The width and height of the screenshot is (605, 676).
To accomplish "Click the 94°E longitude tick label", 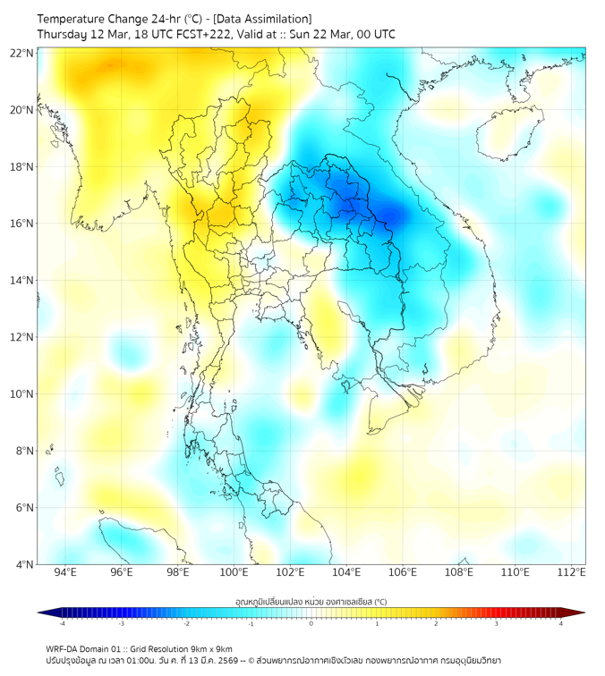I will click(65, 572).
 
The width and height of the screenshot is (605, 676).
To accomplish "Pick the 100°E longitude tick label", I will click(234, 572).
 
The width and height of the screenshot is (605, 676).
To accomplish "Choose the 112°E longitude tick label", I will click(572, 572).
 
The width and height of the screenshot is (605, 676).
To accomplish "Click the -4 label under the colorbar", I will click(62, 623).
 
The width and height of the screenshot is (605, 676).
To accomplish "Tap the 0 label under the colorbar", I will click(311, 623).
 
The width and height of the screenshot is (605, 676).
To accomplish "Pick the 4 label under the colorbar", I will click(560, 623).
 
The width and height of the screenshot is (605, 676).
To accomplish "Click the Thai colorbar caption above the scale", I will click(311, 602).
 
